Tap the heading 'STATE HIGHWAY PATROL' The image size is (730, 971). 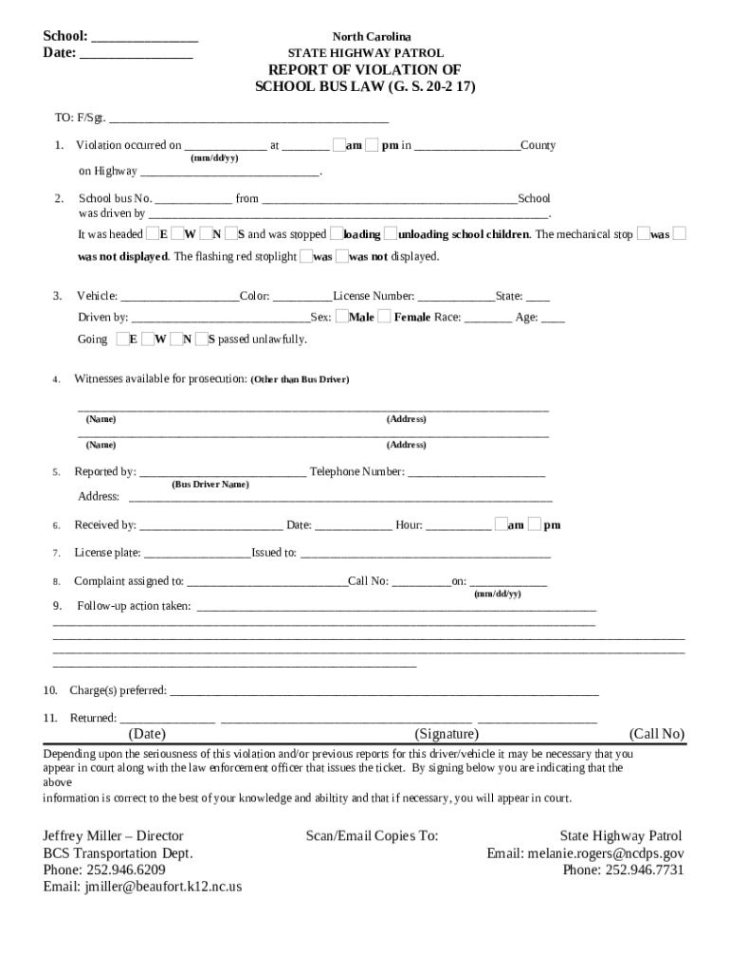click(365, 54)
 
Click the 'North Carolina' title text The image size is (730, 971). click(365, 37)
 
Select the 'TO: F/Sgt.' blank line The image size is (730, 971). click(248, 120)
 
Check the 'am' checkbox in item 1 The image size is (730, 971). click(338, 145)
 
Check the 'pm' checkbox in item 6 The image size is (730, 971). click(535, 524)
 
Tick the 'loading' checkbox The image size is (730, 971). click(335, 234)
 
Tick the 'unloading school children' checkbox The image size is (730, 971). click(391, 234)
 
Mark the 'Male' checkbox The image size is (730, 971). click(340, 317)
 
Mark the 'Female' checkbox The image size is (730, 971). click(383, 317)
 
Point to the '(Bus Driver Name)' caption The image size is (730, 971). click(210, 485)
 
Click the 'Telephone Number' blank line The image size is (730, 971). click(476, 473)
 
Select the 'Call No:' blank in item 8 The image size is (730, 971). click(420, 582)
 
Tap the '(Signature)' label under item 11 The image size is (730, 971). click(447, 734)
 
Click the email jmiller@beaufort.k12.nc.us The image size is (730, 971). click(143, 888)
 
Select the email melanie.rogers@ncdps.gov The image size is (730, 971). click(585, 853)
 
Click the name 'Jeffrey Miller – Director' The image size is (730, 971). click(114, 836)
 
